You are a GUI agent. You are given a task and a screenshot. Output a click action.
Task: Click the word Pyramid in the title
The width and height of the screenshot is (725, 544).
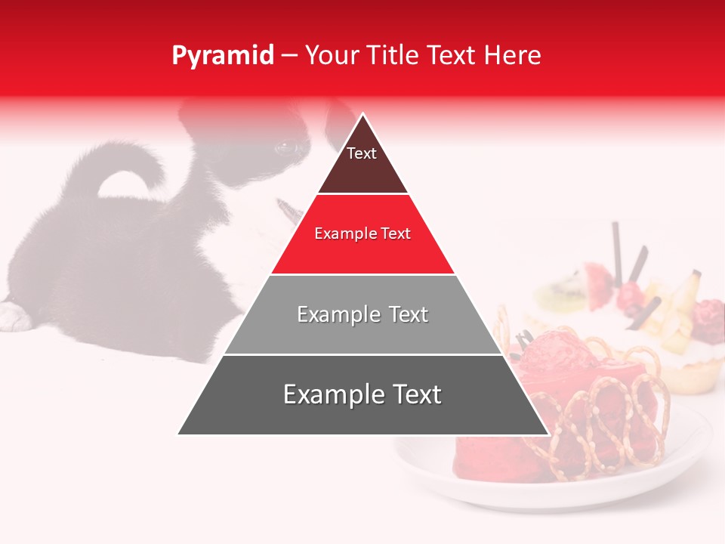222,55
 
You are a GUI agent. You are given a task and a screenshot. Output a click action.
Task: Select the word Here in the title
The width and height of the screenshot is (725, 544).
512,55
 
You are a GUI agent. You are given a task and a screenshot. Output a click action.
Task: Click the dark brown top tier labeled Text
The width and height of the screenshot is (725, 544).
362,162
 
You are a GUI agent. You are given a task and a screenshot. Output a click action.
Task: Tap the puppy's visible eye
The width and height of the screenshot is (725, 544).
286,147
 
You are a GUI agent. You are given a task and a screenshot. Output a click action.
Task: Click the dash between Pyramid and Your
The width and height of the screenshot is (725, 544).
288,55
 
